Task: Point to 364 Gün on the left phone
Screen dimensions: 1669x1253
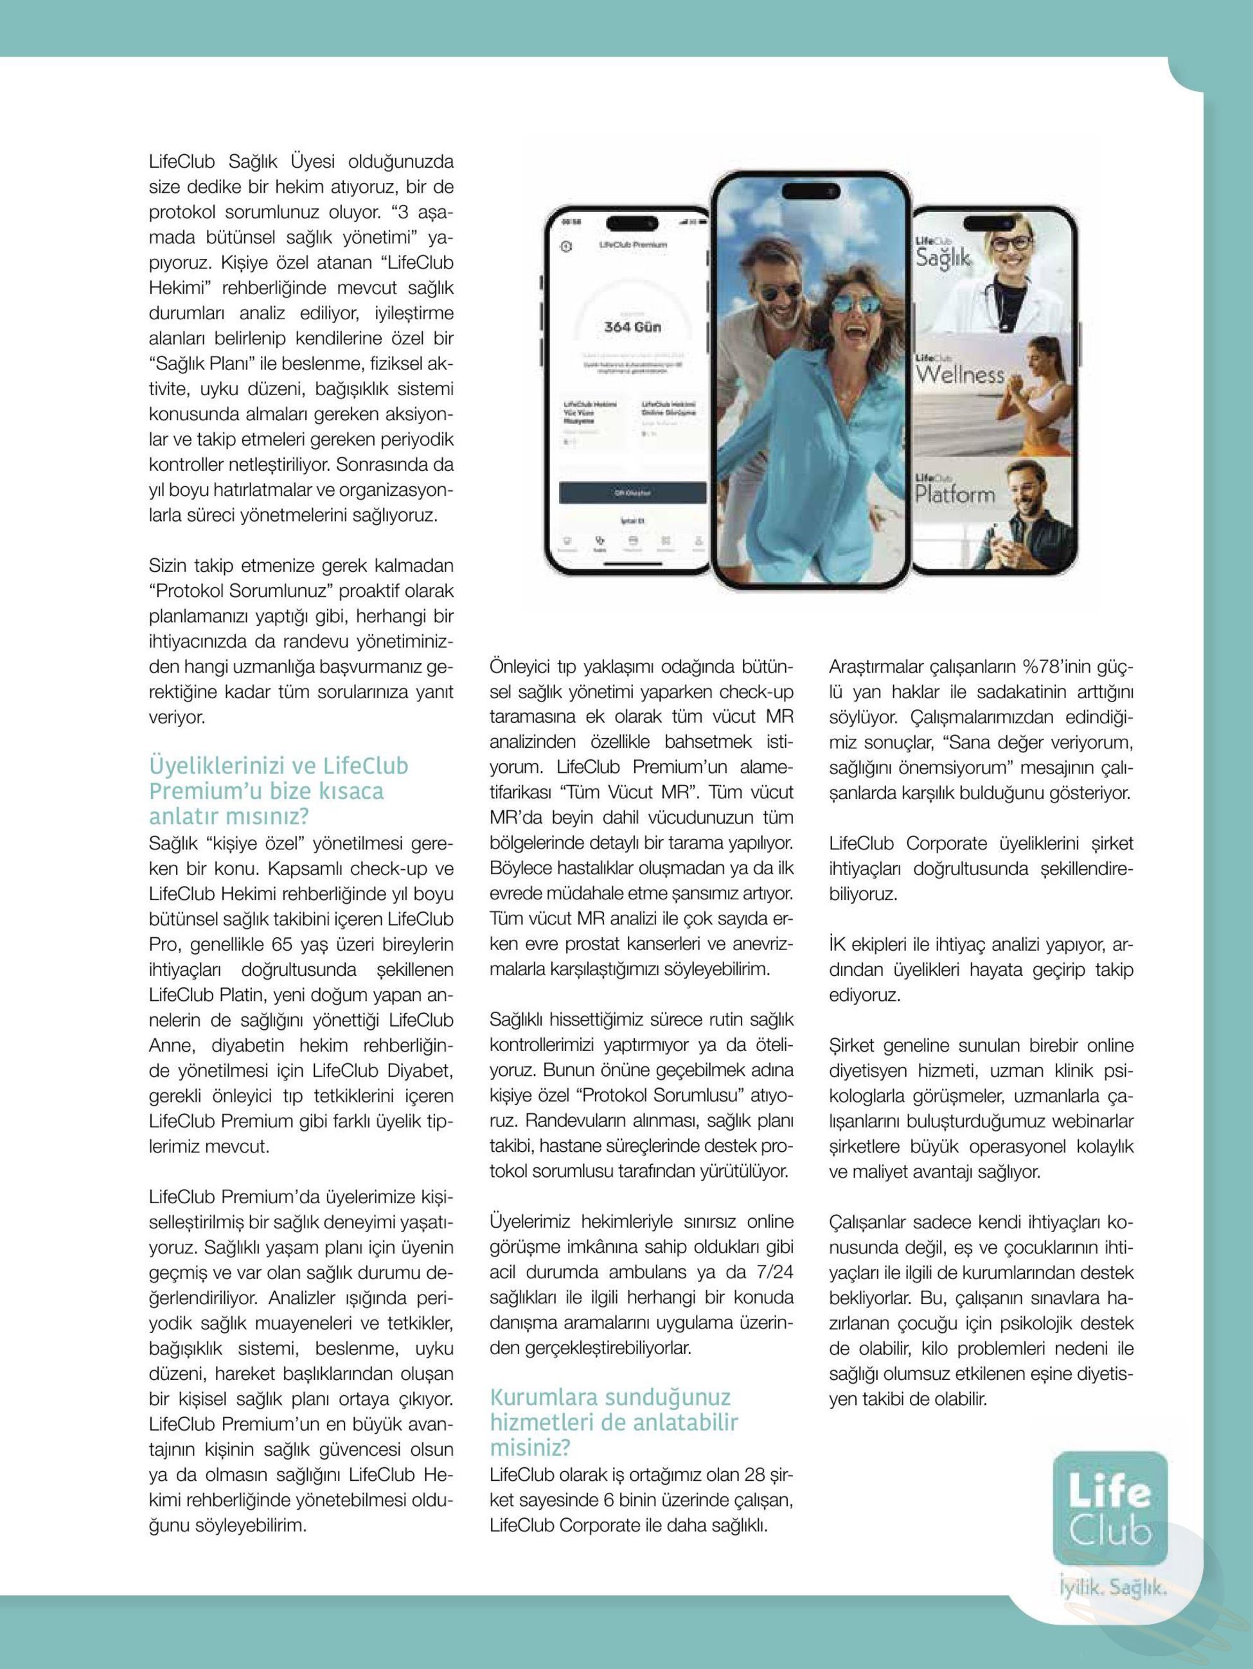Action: coord(632,327)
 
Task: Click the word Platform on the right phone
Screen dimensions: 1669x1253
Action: coord(955,495)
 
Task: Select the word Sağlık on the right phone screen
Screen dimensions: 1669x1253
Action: coord(943,258)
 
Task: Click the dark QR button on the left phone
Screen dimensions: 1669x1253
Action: coord(632,493)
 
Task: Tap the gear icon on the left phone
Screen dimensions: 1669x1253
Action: coord(567,247)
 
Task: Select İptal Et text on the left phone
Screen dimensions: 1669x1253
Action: coord(631,520)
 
